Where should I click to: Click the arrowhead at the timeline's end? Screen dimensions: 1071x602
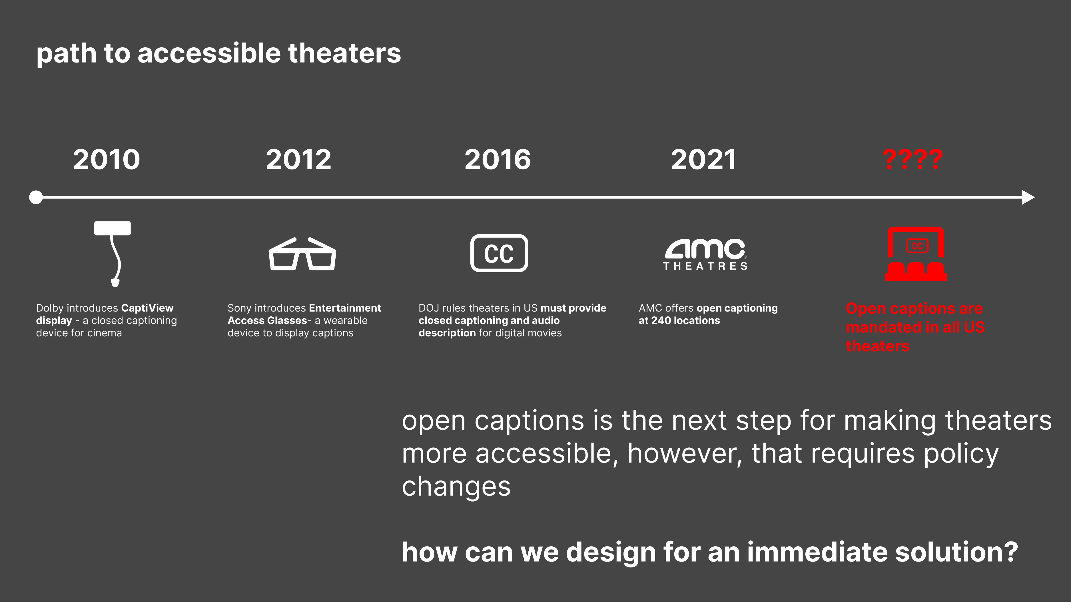(x=1028, y=197)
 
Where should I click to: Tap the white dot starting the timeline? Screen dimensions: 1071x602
(x=36, y=197)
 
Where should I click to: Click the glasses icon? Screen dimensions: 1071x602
(x=302, y=254)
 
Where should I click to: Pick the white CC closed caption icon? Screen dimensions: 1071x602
(x=499, y=253)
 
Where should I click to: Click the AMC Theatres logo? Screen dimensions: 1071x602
(x=705, y=254)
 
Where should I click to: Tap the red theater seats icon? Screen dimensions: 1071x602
(x=916, y=254)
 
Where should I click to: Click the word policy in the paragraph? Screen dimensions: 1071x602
(x=961, y=454)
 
